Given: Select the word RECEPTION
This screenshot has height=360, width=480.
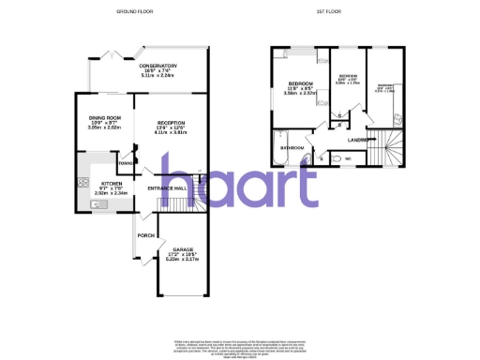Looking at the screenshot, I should tap(172, 123).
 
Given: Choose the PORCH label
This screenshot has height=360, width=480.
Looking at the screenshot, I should tap(145, 235).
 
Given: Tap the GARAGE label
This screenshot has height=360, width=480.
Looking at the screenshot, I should tap(183, 249).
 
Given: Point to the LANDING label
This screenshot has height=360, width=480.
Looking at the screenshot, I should tap(356, 142).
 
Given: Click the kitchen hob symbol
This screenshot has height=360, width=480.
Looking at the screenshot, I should tap(82, 183).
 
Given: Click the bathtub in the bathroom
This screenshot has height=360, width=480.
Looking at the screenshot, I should tap(277, 148).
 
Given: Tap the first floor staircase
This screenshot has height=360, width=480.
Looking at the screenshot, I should tap(387, 149).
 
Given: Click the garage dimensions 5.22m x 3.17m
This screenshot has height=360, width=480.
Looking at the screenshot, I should tap(183, 261).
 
